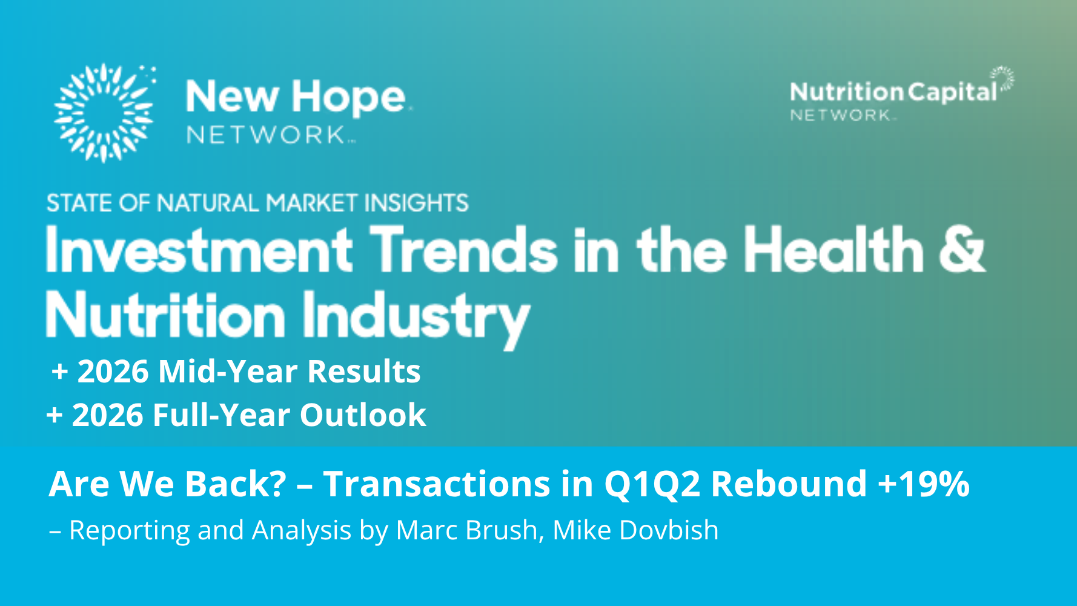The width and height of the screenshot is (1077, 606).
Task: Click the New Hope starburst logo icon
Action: (104, 113)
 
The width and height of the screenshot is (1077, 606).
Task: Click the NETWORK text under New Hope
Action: (267, 135)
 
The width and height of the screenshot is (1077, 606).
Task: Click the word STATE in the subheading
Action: (81, 203)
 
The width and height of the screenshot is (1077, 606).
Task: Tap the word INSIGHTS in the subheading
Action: (416, 203)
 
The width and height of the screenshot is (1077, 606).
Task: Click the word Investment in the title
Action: (199, 249)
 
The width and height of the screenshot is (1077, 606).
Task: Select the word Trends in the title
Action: (464, 249)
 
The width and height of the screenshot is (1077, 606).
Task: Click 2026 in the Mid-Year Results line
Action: (113, 371)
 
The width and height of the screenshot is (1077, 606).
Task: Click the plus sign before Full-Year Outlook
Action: (55, 416)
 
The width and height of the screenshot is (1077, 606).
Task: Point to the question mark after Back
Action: (277, 483)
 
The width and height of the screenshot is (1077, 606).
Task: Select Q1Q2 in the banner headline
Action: (652, 484)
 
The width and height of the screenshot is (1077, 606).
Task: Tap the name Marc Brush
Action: (466, 530)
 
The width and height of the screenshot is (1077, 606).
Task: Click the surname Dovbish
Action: (669, 530)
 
